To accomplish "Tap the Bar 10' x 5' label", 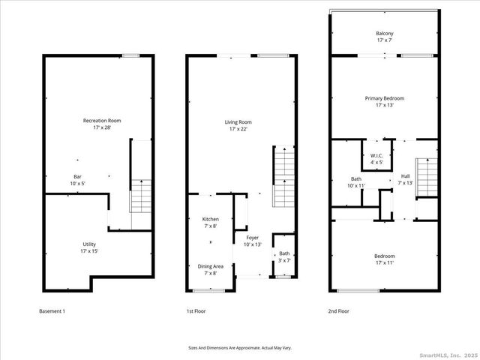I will coord(78,179).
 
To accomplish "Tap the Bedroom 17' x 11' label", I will coord(384,259).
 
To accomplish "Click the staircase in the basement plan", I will coord(141,195).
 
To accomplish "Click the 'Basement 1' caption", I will coord(52,310).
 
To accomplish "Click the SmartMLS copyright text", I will coord(447,355).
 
